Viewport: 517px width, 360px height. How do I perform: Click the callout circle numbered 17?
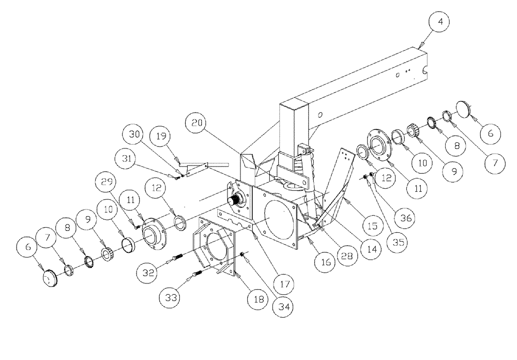point(283,283)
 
